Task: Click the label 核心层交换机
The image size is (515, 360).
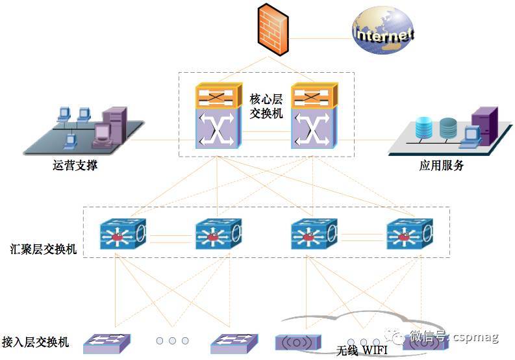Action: [x=266, y=106]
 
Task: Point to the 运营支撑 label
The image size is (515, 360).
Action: [x=75, y=165]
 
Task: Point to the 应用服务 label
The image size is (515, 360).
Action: [x=442, y=165]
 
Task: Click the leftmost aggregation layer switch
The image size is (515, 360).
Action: [x=123, y=235]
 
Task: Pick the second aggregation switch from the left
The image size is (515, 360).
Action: [x=218, y=235]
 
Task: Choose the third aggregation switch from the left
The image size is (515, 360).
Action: [x=314, y=235]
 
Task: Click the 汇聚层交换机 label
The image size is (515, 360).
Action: [x=44, y=249]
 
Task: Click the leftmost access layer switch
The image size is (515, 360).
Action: [x=107, y=342]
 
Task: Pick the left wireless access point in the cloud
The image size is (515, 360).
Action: [x=298, y=342]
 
